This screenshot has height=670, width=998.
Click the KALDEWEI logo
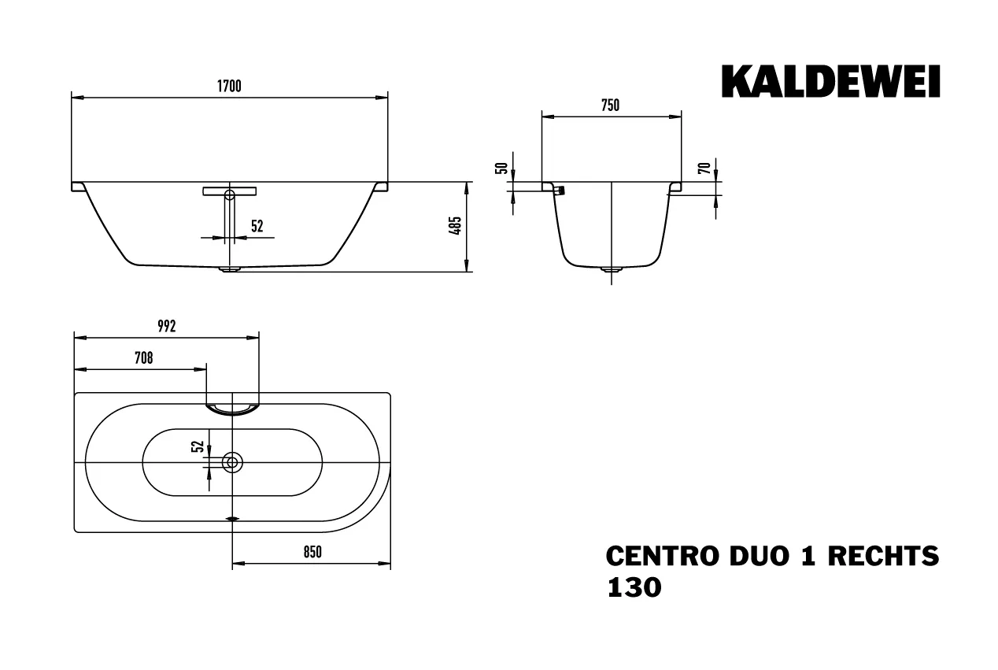[x=830, y=82]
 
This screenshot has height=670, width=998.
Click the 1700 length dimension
[x=229, y=87]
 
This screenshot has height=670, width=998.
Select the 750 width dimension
[x=611, y=105]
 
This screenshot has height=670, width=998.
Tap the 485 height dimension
[x=455, y=227]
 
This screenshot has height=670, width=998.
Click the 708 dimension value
[x=142, y=358]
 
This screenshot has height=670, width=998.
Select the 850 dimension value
[x=312, y=553]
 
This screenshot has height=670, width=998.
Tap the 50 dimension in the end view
[x=498, y=168]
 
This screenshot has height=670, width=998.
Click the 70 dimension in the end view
[x=705, y=167]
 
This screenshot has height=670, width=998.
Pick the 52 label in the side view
[x=257, y=227]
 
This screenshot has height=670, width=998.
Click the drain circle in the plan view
[x=232, y=462]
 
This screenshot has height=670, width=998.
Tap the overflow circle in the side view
[x=229, y=194]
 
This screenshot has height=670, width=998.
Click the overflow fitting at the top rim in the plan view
[x=232, y=407]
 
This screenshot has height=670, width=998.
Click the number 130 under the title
[x=634, y=587]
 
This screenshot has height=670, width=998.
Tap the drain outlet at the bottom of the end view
[x=612, y=270]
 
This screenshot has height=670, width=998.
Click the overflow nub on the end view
[x=560, y=191]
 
